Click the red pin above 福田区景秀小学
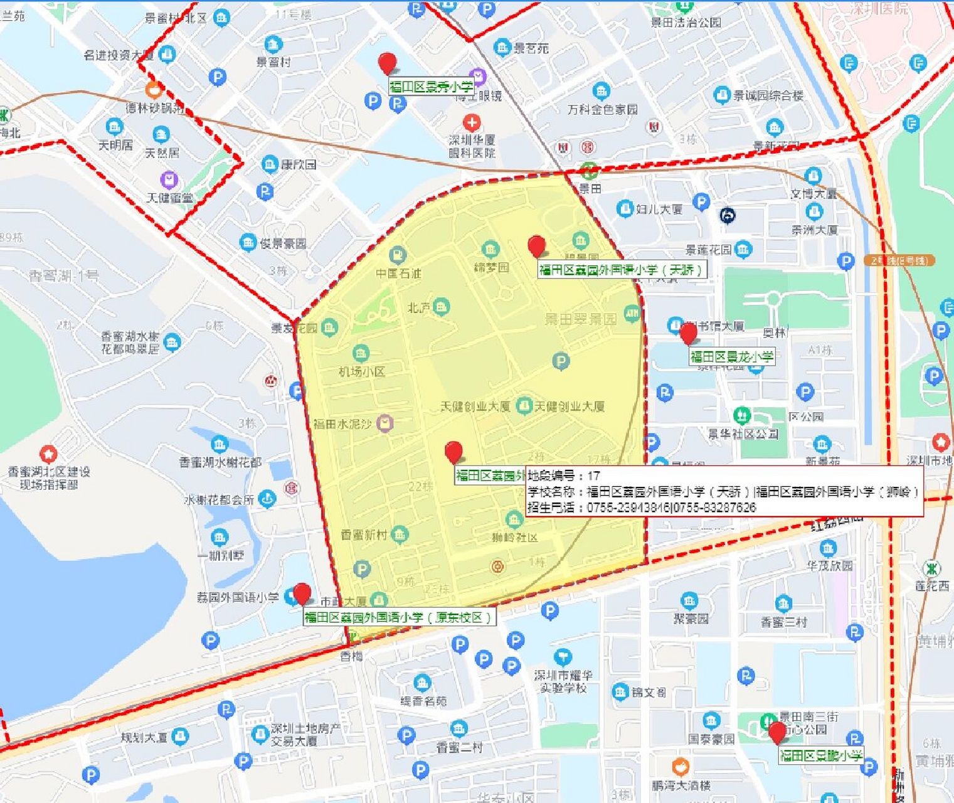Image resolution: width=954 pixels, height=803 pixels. (388, 63)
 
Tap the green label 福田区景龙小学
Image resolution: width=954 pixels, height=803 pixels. (732, 357)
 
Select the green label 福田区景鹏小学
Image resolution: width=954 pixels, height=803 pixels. (821, 756)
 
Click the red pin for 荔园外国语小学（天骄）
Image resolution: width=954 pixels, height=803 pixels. (536, 246)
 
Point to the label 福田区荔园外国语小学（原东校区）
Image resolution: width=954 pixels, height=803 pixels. (399, 617)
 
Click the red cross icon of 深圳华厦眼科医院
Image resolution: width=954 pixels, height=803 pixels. (472, 122)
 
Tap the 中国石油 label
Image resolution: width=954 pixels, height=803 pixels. (398, 273)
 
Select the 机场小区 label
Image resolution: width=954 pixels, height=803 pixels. (361, 371)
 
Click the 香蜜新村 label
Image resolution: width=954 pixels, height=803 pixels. (364, 534)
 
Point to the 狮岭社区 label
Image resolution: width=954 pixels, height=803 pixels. (515, 538)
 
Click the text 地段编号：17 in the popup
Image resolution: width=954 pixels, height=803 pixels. (564, 476)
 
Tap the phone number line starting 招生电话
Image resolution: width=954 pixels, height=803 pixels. (642, 508)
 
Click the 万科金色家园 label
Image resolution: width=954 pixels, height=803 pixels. (602, 109)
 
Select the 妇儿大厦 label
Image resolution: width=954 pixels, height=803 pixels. (659, 209)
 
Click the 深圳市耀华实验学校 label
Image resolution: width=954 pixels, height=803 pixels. (563, 681)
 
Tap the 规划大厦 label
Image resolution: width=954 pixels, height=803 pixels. (144, 737)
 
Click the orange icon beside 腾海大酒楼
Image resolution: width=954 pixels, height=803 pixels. (680, 767)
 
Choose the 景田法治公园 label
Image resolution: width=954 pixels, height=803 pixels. (686, 23)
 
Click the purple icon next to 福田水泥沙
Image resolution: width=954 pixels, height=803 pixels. (385, 423)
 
